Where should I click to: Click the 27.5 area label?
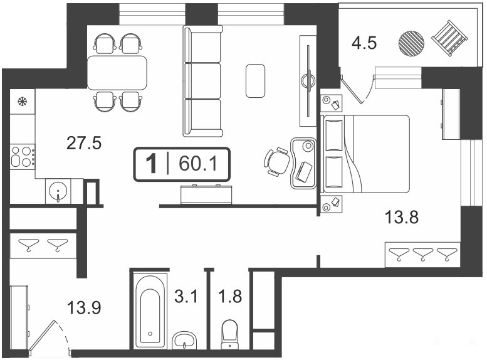(84, 144)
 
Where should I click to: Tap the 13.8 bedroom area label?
(402, 217)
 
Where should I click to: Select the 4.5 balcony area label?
(364, 43)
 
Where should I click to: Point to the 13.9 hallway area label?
(84, 309)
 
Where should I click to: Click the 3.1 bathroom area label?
(186, 296)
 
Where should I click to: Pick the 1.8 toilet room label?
(230, 296)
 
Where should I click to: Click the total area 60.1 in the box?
(198, 164)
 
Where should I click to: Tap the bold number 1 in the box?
(151, 164)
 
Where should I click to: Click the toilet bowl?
(230, 334)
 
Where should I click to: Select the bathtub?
(150, 310)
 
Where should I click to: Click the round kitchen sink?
(58, 190)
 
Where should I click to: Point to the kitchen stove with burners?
(23, 157)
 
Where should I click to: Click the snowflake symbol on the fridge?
(22, 101)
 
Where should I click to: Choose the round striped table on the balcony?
(411, 43)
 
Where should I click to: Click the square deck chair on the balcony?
(449, 38)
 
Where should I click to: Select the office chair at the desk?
(277, 162)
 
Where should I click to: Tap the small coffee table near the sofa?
(255, 81)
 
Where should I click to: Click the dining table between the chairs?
(117, 73)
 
